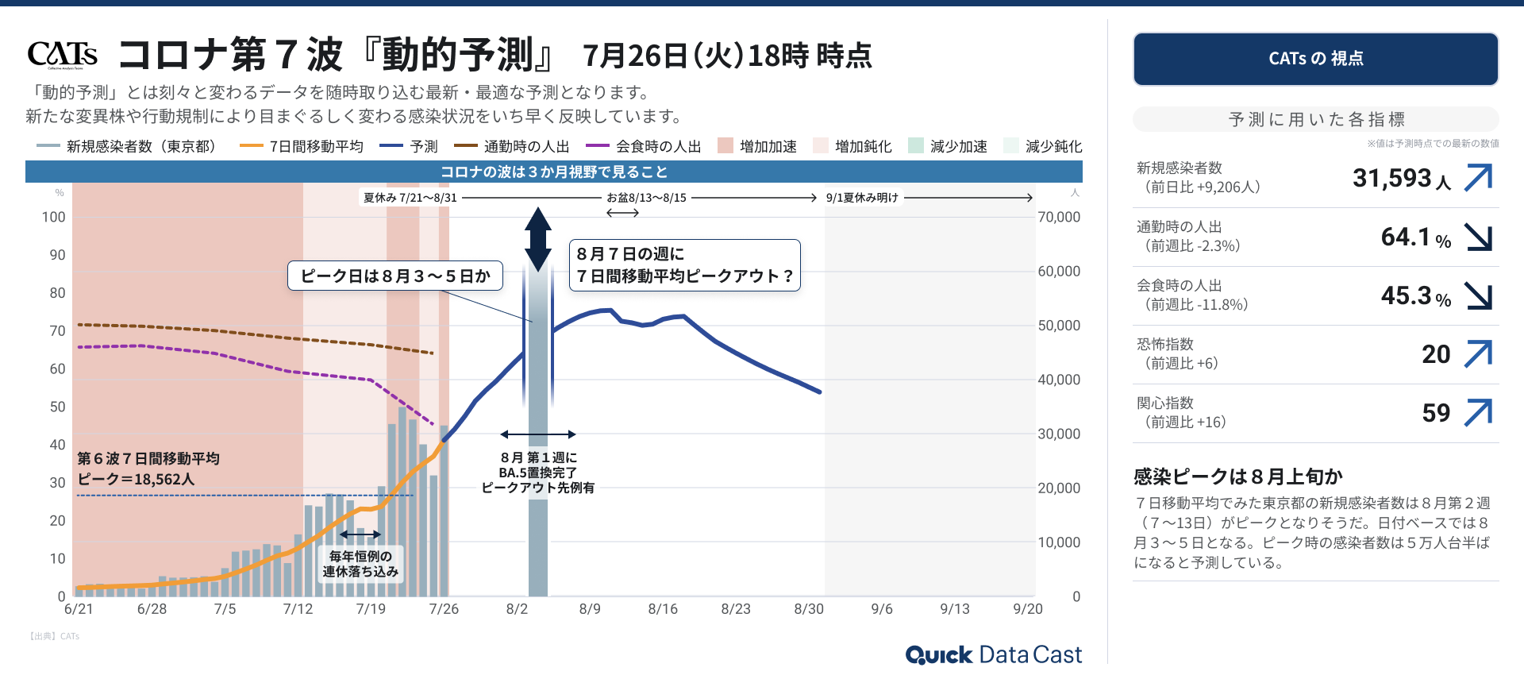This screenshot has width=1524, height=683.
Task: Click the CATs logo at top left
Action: [63, 54]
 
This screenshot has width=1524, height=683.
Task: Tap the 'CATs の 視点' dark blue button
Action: [1315, 59]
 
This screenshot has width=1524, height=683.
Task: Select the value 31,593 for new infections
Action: [1391, 178]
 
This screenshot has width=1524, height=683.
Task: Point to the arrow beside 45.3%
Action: [1479, 295]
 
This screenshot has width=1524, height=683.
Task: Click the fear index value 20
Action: [1436, 354]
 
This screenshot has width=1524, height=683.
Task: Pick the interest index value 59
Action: [1436, 413]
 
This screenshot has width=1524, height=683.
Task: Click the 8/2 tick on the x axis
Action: [517, 609]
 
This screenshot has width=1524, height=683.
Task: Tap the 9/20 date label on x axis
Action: [1028, 609]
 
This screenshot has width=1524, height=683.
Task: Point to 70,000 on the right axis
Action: [1059, 217]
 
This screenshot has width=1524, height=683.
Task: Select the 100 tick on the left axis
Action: [54, 217]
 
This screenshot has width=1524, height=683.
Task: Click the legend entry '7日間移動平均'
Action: [316, 146]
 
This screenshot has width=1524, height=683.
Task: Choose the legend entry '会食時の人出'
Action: [658, 146]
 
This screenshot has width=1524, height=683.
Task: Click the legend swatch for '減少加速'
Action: [916, 145]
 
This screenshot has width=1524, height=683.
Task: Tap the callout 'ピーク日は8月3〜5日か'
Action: [395, 276]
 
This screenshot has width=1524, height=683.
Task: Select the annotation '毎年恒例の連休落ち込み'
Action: [360, 564]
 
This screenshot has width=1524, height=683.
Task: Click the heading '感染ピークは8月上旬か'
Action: [1237, 477]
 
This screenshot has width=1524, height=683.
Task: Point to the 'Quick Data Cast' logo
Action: [993, 654]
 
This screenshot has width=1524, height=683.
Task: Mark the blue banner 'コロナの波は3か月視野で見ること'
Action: [554, 172]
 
